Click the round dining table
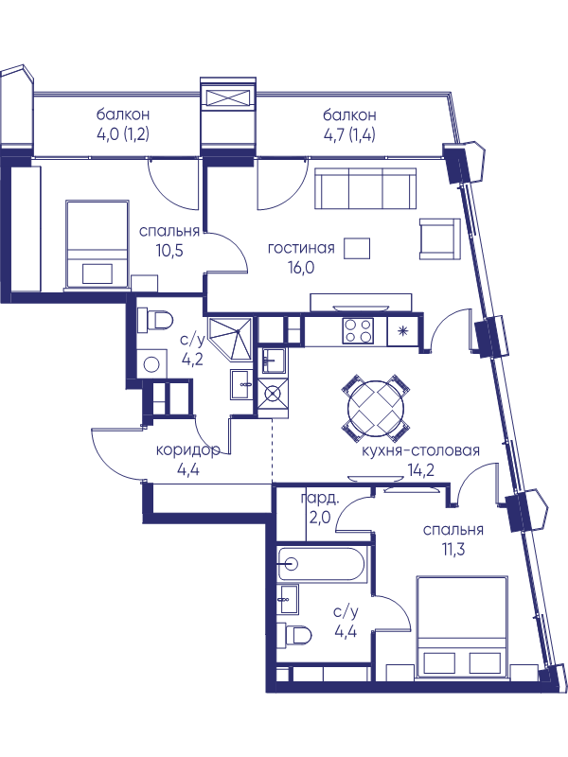point(376,407)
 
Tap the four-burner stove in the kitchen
point(358,330)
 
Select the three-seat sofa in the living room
point(365,188)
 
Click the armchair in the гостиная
point(439,238)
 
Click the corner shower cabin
point(230,338)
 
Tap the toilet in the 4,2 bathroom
point(155,321)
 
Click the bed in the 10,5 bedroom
point(98,245)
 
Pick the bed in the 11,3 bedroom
point(462,626)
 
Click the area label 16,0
point(301,267)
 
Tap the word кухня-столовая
point(420,450)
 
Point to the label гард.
point(320,499)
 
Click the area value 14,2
point(420,469)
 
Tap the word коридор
point(187,450)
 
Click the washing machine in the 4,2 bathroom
point(151,364)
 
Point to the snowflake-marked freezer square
point(402,330)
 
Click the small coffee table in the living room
point(357,248)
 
